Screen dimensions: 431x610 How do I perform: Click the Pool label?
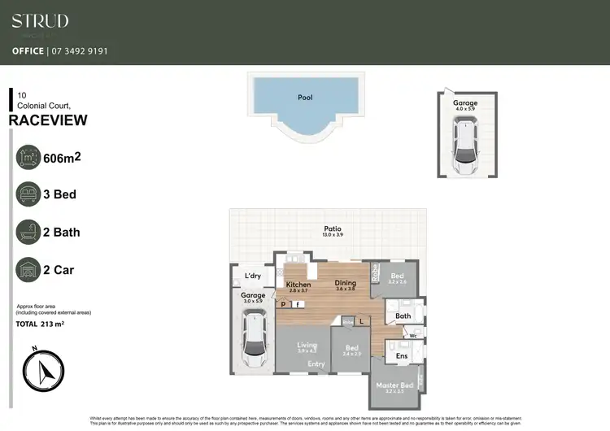tap(305, 98)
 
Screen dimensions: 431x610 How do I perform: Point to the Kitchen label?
tap(298, 285)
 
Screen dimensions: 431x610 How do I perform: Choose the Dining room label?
tap(346, 284)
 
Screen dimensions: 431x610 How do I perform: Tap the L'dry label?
tap(253, 276)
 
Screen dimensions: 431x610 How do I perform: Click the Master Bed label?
tap(394, 385)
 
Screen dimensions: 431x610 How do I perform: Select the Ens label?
tap(401, 355)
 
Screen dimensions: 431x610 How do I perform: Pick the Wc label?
tap(413, 334)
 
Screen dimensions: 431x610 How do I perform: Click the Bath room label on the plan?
tap(403, 316)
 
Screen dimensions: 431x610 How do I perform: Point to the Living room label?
tap(307, 345)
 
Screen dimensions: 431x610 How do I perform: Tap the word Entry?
tap(316, 364)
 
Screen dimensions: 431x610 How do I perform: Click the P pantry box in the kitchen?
tap(283, 304)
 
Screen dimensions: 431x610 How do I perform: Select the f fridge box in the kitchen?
tap(298, 304)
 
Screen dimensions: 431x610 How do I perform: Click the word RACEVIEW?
tap(48, 120)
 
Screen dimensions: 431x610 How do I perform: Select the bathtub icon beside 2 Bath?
tap(30, 232)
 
